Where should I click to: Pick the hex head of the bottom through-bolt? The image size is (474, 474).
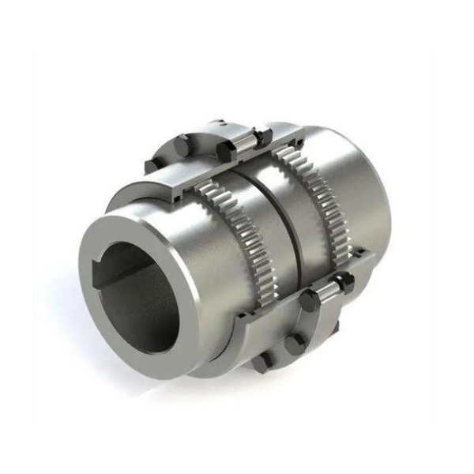pyautogui.click(x=310, y=299)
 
